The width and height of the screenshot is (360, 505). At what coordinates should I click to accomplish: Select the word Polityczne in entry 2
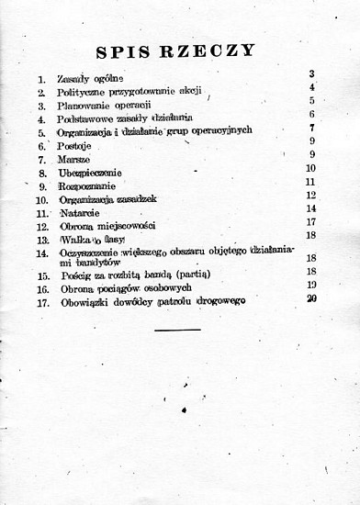(83, 93)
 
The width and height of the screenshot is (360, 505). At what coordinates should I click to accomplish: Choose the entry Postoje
(73, 144)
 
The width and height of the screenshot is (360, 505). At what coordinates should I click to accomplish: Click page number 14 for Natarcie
(311, 208)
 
